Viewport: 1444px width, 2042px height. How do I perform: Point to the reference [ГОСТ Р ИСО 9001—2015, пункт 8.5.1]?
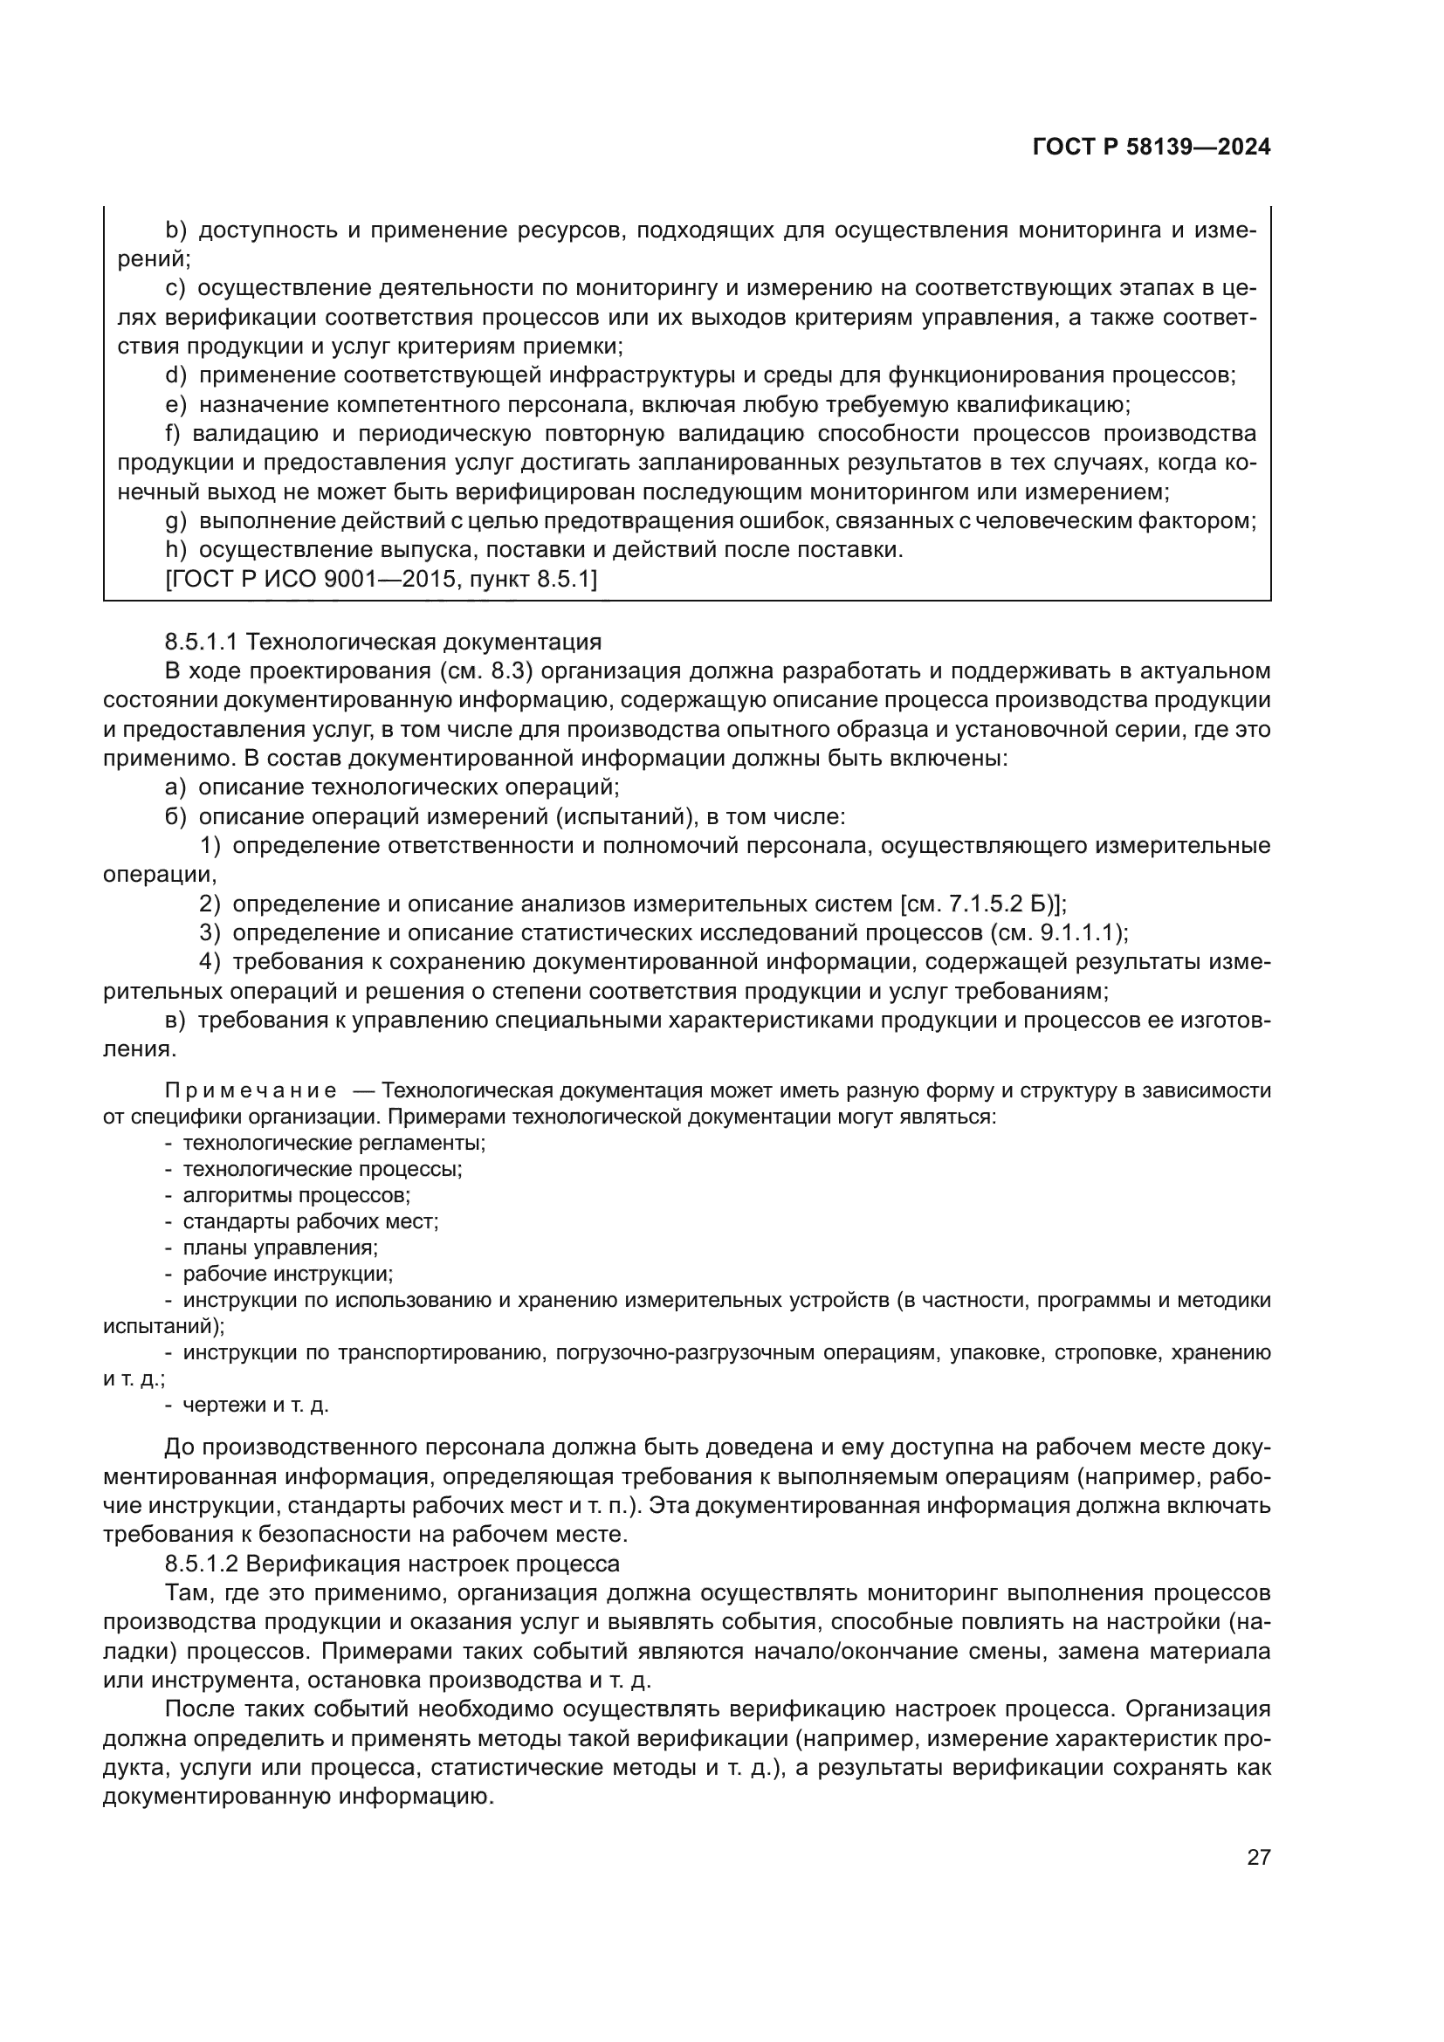point(381,580)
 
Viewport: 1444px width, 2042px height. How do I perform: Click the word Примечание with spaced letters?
point(251,1091)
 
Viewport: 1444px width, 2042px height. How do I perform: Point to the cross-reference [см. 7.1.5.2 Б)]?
point(982,904)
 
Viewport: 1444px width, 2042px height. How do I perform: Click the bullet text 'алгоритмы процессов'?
point(296,1196)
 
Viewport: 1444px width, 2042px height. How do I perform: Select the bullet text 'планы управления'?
point(280,1248)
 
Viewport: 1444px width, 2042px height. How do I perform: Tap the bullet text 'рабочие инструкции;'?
point(287,1274)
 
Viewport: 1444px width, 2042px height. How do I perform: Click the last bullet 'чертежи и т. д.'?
point(255,1406)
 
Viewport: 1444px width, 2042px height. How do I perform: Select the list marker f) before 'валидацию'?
point(173,434)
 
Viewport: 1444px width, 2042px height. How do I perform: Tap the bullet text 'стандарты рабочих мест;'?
point(310,1222)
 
